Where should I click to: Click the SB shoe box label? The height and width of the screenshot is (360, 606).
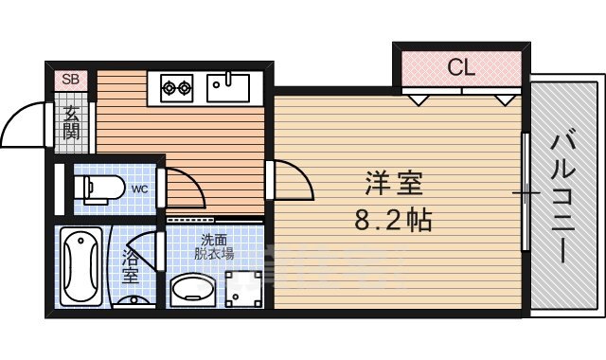pyautogui.click(x=70, y=80)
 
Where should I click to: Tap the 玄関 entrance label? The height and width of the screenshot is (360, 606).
pyautogui.click(x=72, y=123)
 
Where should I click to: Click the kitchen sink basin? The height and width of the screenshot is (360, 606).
pyautogui.click(x=227, y=87)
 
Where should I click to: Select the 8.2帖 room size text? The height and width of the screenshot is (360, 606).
pyautogui.click(x=394, y=222)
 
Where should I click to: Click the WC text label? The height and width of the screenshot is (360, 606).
pyautogui.click(x=139, y=189)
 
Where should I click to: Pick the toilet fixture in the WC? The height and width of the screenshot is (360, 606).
pyautogui.click(x=98, y=189)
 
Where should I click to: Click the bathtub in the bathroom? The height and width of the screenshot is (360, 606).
pyautogui.click(x=82, y=266)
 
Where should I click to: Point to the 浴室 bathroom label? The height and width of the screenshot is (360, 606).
pyautogui.click(x=131, y=266)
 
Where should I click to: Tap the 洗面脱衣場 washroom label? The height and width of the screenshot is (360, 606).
pyautogui.click(x=214, y=247)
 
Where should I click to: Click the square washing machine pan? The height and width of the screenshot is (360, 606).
pyautogui.click(x=244, y=288)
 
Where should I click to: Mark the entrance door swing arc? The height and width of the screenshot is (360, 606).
pyautogui.click(x=24, y=128)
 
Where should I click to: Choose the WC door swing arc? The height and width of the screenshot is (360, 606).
pyautogui.click(x=186, y=188)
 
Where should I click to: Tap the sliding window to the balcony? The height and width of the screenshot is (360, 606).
pyautogui.click(x=526, y=193)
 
